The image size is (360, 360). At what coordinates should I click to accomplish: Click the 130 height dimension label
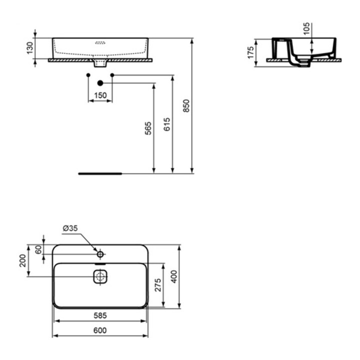[30, 48]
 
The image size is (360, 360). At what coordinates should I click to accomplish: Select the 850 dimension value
[186, 105]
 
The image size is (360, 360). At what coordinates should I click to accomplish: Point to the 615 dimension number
[167, 124]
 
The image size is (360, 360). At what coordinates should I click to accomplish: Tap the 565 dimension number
[148, 128]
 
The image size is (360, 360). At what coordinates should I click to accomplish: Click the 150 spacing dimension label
[100, 95]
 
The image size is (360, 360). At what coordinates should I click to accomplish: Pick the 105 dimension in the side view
[306, 28]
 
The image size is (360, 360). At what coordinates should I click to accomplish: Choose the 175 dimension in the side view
[251, 52]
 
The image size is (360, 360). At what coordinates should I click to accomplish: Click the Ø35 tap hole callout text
[70, 228]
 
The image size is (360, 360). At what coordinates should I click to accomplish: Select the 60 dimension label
[39, 249]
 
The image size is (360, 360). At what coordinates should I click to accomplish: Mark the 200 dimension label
[22, 260]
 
